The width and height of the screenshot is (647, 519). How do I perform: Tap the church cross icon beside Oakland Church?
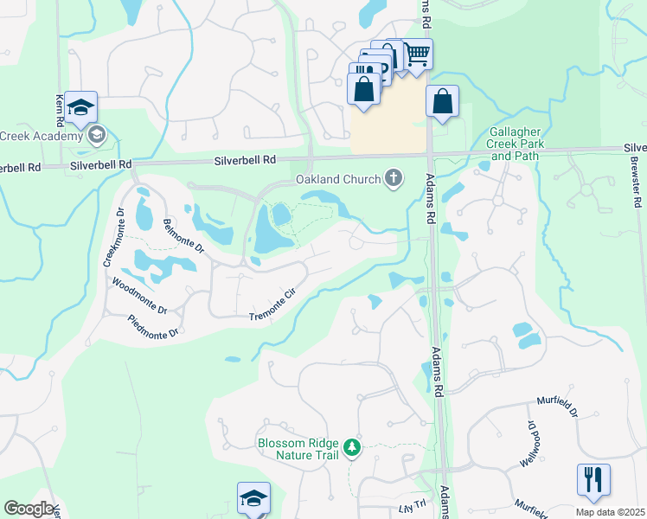pos(394,178)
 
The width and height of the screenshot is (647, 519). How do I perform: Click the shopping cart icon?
pos(418,54)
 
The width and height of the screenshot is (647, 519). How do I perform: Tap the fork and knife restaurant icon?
pos(593,478)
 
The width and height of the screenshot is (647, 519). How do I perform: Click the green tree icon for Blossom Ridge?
pos(352,447)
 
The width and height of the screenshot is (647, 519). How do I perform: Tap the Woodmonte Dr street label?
pos(139,296)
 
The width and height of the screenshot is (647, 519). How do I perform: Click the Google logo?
pos(28,509)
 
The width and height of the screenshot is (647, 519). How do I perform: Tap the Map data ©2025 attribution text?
pos(609,512)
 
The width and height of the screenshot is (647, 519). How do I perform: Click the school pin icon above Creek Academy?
pos(80,106)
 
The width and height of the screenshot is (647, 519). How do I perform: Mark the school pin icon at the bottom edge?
pos(253,498)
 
